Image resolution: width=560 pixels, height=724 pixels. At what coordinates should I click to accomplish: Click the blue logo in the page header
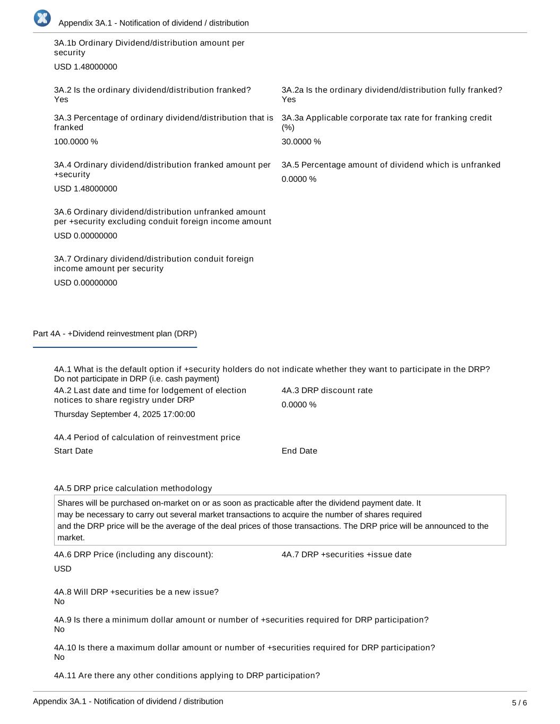click(42, 19)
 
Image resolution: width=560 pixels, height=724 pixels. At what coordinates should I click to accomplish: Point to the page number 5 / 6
click(519, 703)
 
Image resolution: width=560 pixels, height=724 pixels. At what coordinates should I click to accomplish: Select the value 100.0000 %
click(76, 142)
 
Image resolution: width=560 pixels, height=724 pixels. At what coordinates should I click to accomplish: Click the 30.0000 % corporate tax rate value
click(301, 142)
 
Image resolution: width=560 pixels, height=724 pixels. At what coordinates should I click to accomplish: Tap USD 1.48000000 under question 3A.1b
click(85, 67)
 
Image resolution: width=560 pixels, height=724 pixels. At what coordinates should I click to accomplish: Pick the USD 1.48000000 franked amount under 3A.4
click(85, 189)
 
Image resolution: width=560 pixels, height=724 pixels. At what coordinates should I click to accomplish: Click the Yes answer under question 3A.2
click(61, 100)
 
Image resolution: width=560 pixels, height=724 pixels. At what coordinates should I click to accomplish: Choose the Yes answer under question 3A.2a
click(289, 100)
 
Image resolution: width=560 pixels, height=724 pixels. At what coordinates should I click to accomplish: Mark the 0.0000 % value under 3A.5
click(299, 179)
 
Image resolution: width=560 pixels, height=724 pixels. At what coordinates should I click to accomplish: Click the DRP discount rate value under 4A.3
click(299, 405)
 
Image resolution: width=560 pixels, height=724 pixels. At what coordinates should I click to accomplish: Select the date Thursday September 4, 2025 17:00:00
click(124, 414)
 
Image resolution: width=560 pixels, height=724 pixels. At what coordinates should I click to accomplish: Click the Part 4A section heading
click(115, 334)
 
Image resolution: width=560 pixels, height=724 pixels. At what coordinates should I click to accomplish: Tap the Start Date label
click(73, 451)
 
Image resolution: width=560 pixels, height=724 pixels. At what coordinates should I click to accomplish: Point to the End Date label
click(299, 451)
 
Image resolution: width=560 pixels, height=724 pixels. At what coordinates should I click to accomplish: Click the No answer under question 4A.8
click(59, 601)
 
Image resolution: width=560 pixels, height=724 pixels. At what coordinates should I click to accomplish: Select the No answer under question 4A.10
click(59, 657)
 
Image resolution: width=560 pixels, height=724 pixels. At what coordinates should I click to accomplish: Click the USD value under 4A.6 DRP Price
click(63, 569)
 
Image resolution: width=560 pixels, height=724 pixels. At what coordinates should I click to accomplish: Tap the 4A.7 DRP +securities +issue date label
click(346, 555)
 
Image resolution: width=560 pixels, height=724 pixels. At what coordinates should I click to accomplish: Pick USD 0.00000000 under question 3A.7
click(85, 283)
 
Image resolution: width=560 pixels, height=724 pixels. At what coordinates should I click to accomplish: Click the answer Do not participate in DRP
click(136, 379)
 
